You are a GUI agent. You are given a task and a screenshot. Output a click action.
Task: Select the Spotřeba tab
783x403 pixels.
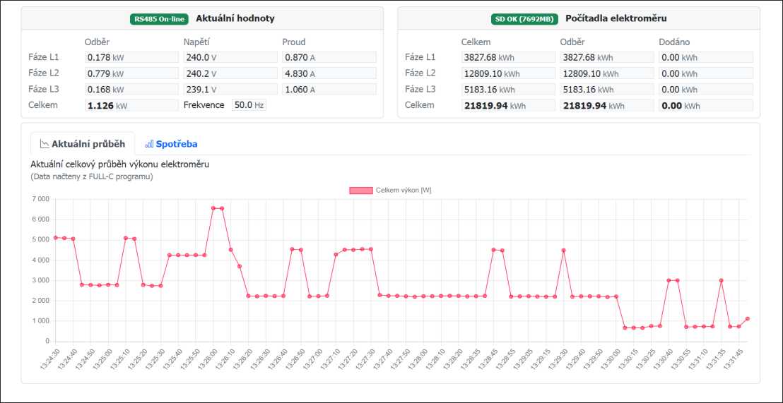(x=171, y=144)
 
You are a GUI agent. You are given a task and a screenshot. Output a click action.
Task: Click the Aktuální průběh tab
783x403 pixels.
(x=83, y=144)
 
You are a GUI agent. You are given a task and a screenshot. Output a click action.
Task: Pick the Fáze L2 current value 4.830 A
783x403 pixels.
(x=329, y=73)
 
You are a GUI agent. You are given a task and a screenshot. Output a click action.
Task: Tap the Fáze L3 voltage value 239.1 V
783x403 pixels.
(x=230, y=90)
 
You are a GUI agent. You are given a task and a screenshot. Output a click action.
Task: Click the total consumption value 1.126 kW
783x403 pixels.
(x=131, y=106)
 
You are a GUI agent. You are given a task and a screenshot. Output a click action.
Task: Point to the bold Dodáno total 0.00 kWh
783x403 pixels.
(x=705, y=106)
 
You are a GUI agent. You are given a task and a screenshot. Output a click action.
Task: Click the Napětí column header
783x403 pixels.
(x=196, y=42)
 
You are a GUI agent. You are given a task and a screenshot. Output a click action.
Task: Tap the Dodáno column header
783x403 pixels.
(x=674, y=42)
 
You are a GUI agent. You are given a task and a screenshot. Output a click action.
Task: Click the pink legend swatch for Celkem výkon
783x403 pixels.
(x=360, y=191)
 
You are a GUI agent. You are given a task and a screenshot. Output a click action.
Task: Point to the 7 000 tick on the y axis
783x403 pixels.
(x=38, y=200)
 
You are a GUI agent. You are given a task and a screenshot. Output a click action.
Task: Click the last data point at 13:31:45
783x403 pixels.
(x=747, y=319)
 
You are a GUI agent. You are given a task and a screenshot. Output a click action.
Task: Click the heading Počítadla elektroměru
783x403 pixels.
(x=616, y=19)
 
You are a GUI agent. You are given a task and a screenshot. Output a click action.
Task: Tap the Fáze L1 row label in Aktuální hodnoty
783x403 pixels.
(x=44, y=57)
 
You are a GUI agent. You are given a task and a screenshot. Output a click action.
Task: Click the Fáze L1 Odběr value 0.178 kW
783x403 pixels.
(x=131, y=57)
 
